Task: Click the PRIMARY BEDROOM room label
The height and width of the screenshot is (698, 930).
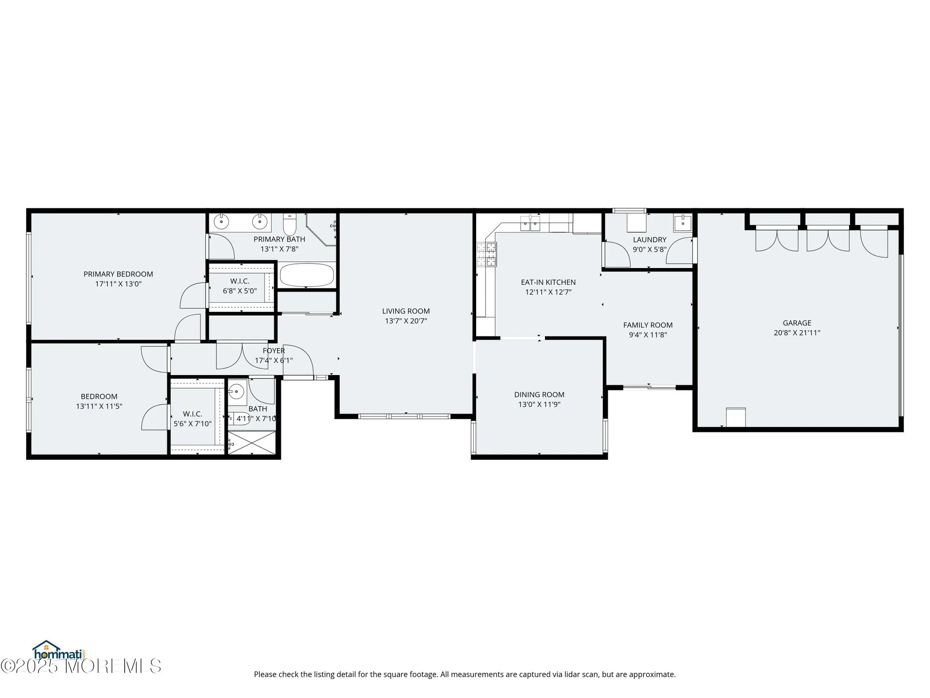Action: (118, 274)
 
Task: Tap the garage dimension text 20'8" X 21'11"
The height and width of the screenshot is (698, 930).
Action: (797, 333)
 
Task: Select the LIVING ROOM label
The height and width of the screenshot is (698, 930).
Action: (405, 311)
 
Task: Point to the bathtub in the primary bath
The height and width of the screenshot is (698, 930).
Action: (307, 275)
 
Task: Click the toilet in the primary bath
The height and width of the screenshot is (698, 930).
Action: (290, 225)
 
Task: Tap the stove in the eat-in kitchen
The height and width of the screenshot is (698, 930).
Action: (486, 255)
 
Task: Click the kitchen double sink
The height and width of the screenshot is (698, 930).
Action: (530, 224)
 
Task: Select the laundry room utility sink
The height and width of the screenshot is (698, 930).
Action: (682, 223)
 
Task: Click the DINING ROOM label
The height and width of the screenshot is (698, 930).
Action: (539, 395)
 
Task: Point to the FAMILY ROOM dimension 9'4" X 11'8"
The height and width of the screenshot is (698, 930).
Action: (648, 335)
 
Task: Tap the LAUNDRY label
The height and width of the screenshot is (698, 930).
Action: (650, 240)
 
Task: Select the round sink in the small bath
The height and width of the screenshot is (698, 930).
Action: (236, 391)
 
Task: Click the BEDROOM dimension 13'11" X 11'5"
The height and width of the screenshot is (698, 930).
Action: (99, 406)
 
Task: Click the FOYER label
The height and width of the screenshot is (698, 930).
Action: (273, 351)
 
